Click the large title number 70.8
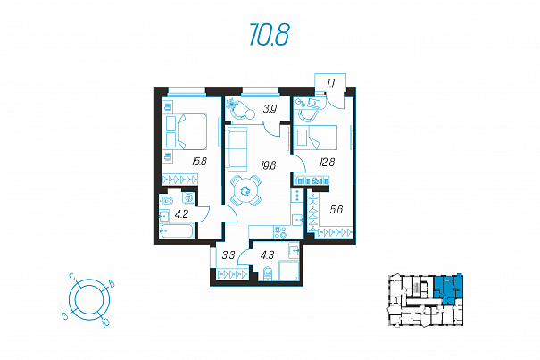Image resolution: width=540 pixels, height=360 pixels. click(270, 35)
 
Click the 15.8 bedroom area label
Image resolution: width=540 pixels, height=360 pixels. click(199, 161)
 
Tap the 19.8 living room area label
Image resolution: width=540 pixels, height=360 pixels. click(269, 165)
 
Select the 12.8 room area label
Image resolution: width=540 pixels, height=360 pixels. click(328, 162)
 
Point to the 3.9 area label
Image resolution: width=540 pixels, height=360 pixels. click(270, 109)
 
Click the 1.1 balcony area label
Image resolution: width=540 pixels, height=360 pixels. click(331, 83)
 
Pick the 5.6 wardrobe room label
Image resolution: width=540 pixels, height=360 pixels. click(336, 209)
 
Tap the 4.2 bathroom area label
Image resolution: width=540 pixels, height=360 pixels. click(181, 214)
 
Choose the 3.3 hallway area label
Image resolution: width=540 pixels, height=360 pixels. click(228, 255)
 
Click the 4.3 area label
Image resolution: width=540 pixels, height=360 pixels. click(267, 255)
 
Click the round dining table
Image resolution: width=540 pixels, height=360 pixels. click(245, 190)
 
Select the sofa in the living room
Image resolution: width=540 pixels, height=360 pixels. click(237, 148)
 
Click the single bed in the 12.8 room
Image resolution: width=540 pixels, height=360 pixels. click(315, 138)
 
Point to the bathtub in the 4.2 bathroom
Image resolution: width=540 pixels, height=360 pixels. click(177, 231)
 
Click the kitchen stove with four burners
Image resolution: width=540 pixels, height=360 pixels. click(280, 231)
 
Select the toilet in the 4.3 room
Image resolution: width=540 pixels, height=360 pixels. click(267, 273)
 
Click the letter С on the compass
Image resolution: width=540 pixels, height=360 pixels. click(72, 277)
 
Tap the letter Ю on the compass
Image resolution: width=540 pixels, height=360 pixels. click(105, 322)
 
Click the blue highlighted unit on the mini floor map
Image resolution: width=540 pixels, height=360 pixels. click(448, 289)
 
